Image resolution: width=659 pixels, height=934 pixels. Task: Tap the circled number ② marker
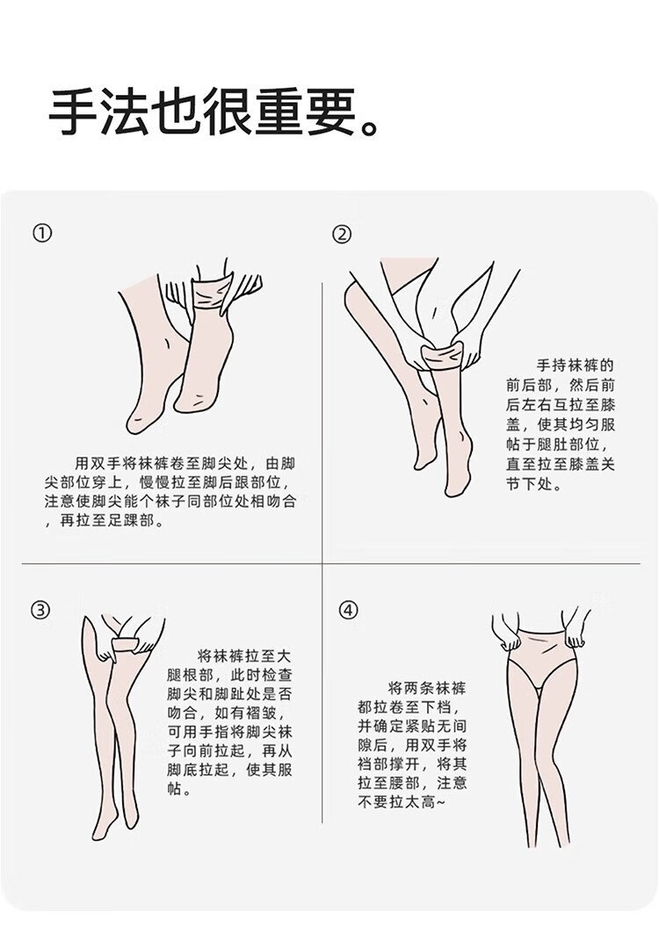[x=342, y=234]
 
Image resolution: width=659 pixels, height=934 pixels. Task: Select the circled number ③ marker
[x=40, y=610]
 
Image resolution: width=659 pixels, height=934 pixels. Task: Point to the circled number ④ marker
[x=350, y=610]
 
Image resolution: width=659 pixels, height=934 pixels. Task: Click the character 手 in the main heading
[x=73, y=113]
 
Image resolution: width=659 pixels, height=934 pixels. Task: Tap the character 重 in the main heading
[x=280, y=113]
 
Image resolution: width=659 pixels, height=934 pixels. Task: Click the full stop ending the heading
[x=370, y=127]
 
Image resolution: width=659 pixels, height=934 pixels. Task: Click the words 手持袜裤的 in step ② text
[x=575, y=366]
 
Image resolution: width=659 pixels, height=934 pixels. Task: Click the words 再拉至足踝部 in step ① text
[x=105, y=521]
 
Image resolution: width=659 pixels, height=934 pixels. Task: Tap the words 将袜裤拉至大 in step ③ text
[x=244, y=657]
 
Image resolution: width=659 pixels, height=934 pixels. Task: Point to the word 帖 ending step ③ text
[x=174, y=790]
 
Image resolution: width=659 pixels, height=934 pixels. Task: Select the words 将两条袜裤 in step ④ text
[x=427, y=690]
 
